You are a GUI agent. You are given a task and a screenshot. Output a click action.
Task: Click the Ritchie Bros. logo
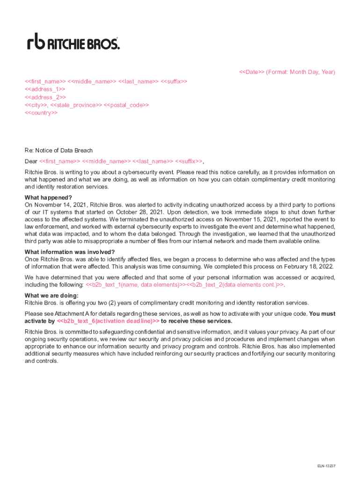click(73, 42)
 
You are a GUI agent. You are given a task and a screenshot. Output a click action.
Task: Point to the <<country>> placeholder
click(41, 113)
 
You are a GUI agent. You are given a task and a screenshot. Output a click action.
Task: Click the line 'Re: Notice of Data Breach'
click(58, 151)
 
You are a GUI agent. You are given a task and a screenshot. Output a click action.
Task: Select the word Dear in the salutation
click(31, 161)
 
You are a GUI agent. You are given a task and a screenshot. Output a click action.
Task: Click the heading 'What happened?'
click(48, 197)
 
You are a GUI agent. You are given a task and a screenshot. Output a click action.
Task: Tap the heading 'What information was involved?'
click(70, 252)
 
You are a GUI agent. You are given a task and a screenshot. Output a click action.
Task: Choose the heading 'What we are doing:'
click(51, 296)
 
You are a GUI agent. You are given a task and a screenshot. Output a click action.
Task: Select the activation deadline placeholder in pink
click(108, 321)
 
